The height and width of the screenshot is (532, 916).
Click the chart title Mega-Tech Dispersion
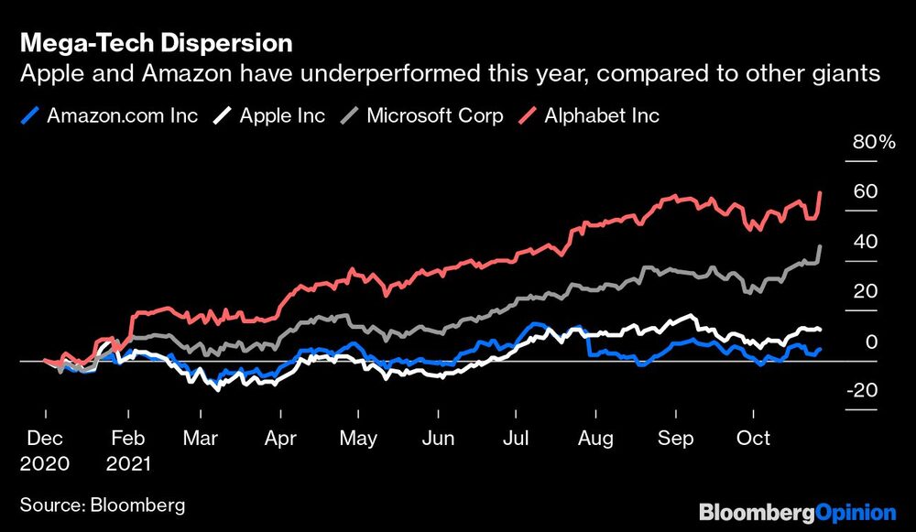pos(156,42)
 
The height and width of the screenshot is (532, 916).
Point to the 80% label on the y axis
pos(874,142)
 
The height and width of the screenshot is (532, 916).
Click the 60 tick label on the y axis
pos(866,191)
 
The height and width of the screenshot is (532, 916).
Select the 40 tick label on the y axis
pos(866,242)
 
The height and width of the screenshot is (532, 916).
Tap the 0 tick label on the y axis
pos(872,342)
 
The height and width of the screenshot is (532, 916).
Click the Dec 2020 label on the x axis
pos(43,451)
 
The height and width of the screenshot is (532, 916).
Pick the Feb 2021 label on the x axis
pos(127,451)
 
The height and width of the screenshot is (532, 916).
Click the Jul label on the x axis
pos(514,439)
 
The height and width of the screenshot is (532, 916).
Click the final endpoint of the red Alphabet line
pos(821,192)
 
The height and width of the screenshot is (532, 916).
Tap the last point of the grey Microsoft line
pos(821,245)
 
